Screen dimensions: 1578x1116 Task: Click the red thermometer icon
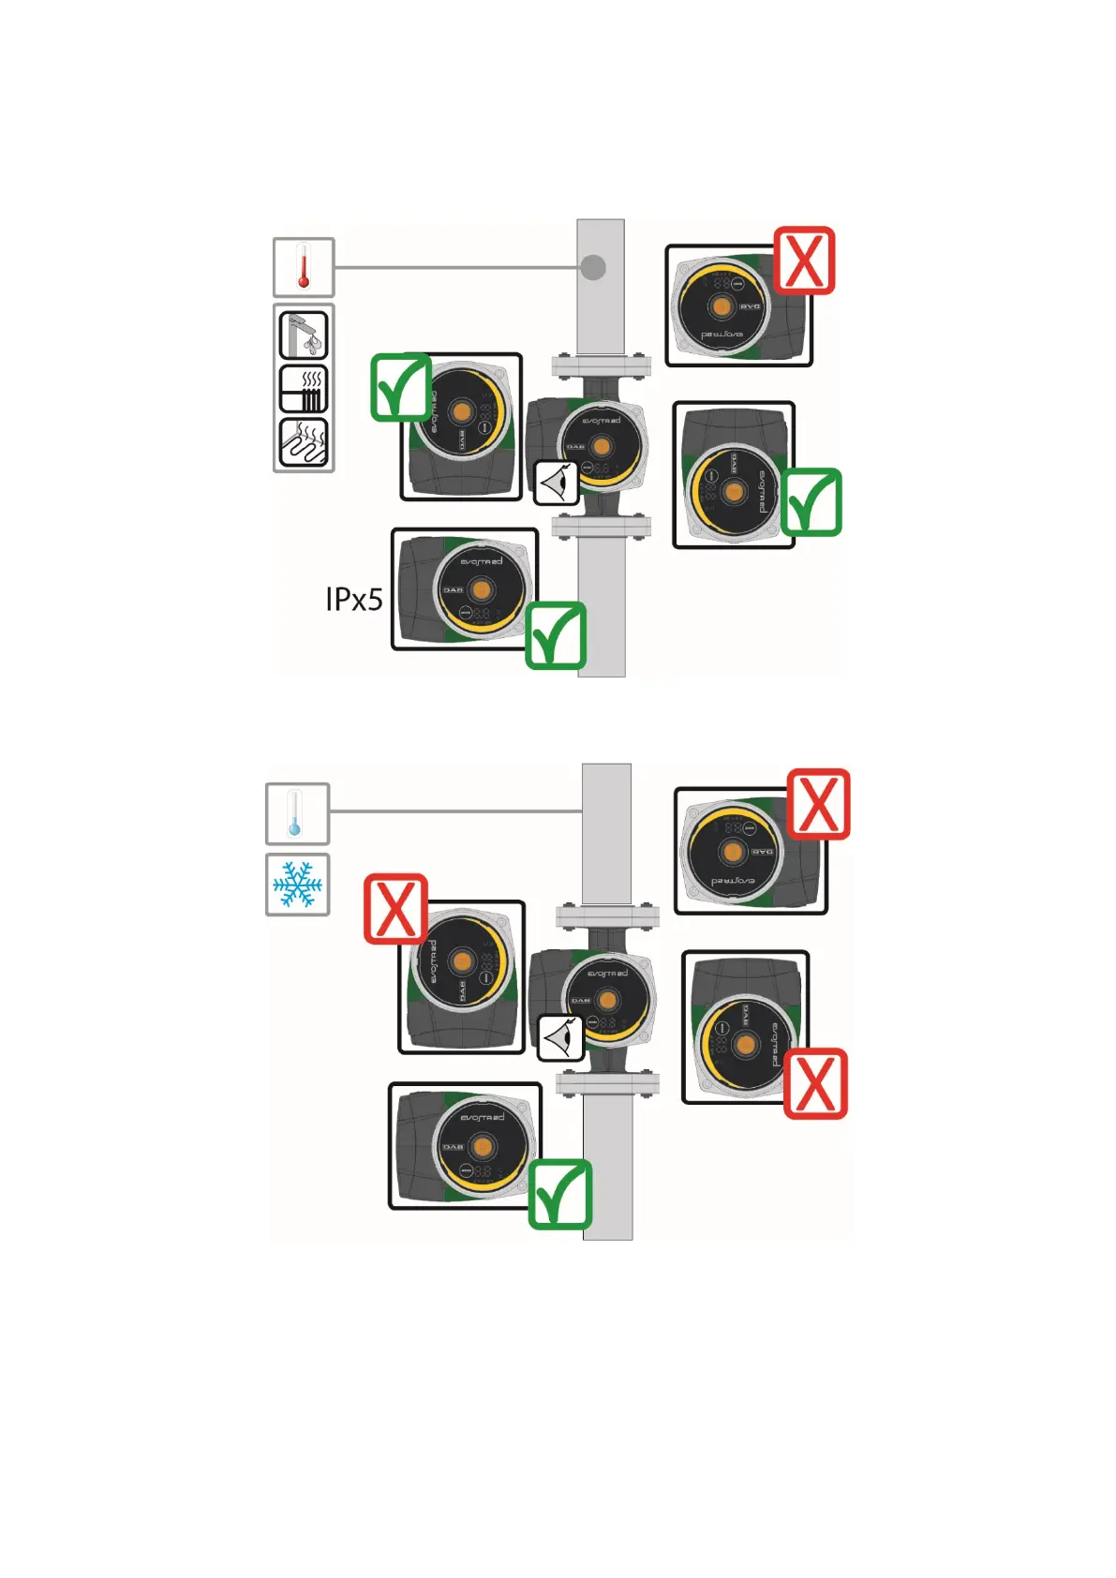(x=303, y=267)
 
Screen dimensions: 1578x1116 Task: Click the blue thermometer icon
(x=297, y=813)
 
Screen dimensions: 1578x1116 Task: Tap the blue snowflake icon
(x=297, y=885)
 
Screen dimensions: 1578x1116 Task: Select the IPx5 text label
(x=353, y=599)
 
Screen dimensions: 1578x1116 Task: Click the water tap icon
(x=304, y=335)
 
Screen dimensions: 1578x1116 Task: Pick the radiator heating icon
(x=304, y=389)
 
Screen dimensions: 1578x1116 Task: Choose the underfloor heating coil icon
(x=304, y=442)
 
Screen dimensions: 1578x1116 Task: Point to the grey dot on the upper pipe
(x=593, y=267)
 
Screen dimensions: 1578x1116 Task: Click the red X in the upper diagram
(x=804, y=261)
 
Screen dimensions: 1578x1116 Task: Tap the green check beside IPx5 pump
(x=556, y=635)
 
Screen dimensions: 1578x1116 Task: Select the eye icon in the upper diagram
(x=557, y=483)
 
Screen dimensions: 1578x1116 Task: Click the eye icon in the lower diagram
(x=560, y=1037)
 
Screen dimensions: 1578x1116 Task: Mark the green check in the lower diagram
(x=559, y=1194)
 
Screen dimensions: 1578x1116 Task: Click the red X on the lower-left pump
(x=395, y=908)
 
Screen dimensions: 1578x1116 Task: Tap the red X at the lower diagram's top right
(x=818, y=804)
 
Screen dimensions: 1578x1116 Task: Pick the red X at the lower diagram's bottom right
(x=815, y=1083)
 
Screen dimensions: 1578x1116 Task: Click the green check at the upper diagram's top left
(x=401, y=386)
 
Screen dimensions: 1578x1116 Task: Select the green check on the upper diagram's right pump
(x=811, y=502)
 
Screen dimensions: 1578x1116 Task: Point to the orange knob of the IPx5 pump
(x=482, y=588)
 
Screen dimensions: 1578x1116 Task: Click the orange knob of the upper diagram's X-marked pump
(x=721, y=306)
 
